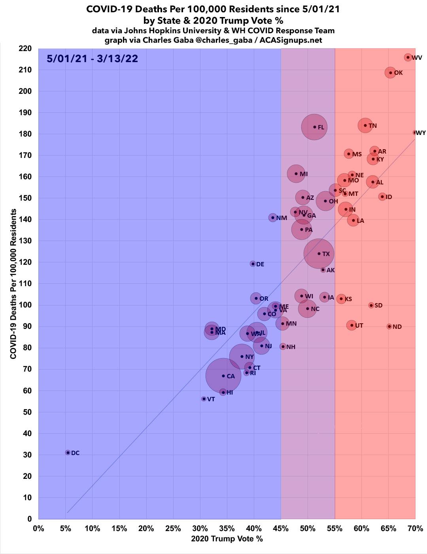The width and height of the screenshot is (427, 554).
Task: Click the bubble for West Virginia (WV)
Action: click(408, 57)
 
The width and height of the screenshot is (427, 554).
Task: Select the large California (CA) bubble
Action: click(223, 376)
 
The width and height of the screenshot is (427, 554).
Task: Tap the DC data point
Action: click(68, 452)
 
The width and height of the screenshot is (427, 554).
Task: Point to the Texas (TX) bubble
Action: click(319, 254)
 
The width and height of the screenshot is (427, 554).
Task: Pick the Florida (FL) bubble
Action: click(314, 127)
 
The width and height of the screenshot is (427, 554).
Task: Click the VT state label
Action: click(211, 399)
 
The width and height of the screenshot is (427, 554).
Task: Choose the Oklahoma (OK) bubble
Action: click(391, 72)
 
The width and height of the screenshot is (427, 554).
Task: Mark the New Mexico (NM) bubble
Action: click(273, 218)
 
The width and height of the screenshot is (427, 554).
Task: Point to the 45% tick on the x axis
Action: click(281, 528)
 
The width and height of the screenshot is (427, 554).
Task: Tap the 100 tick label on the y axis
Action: click(25, 305)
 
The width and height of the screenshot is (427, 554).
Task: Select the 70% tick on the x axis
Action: click(415, 528)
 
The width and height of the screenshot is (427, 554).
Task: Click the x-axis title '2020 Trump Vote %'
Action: click(227, 539)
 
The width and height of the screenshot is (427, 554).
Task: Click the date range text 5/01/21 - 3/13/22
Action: click(92, 59)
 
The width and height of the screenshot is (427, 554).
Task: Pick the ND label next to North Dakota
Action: click(397, 327)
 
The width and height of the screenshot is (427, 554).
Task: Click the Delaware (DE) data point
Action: click(253, 264)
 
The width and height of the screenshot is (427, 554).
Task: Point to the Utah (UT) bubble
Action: click(351, 325)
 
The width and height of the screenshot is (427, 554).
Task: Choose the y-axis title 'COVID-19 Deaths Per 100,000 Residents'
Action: click(13, 284)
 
